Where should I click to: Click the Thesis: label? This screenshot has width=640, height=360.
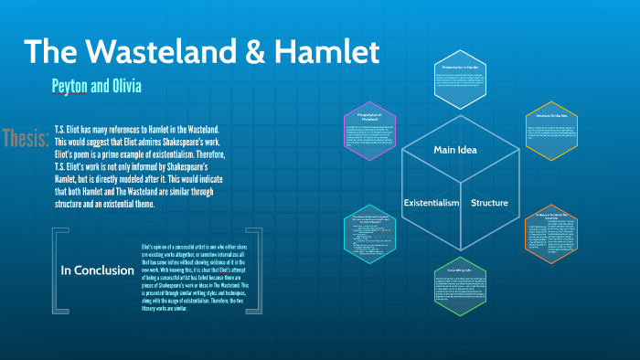coord(26,139)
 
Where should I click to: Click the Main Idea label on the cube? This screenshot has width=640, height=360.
coord(456,149)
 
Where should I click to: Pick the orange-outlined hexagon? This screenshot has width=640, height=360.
coord(551,234)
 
